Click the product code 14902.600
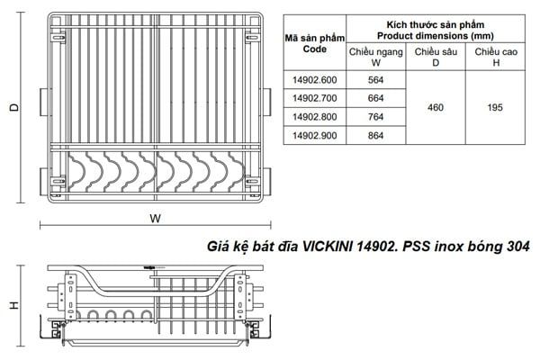[311, 79]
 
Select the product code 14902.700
[311, 98]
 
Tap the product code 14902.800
[311, 116]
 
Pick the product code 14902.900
[311, 135]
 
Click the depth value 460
[436, 107]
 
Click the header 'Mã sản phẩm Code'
[311, 44]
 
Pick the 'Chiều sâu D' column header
[436, 57]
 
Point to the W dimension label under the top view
[156, 219]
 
